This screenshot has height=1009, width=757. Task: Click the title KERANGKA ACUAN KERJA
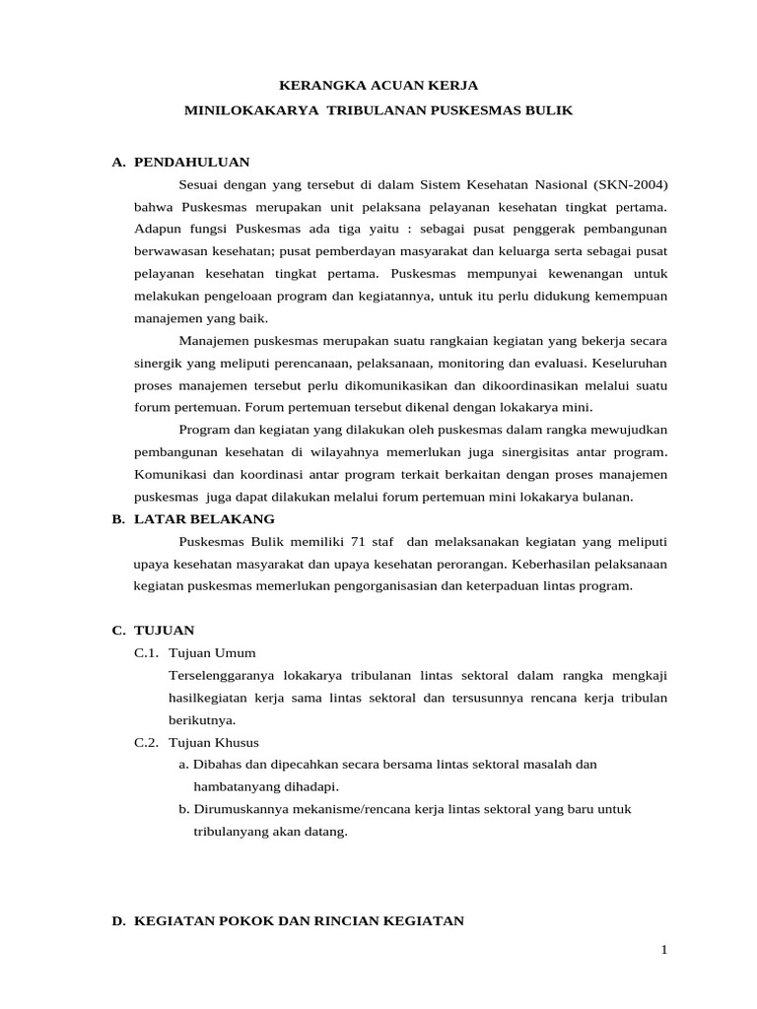coord(378,86)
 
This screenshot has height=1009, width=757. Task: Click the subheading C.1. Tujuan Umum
coord(195,652)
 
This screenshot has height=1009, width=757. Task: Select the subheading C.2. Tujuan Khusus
coord(197,742)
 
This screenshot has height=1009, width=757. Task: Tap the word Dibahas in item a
coord(217,765)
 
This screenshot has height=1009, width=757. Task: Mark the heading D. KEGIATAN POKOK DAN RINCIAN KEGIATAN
coord(287,920)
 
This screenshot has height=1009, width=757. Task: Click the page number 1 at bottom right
coord(664,950)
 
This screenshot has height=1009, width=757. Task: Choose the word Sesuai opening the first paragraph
coord(200,184)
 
